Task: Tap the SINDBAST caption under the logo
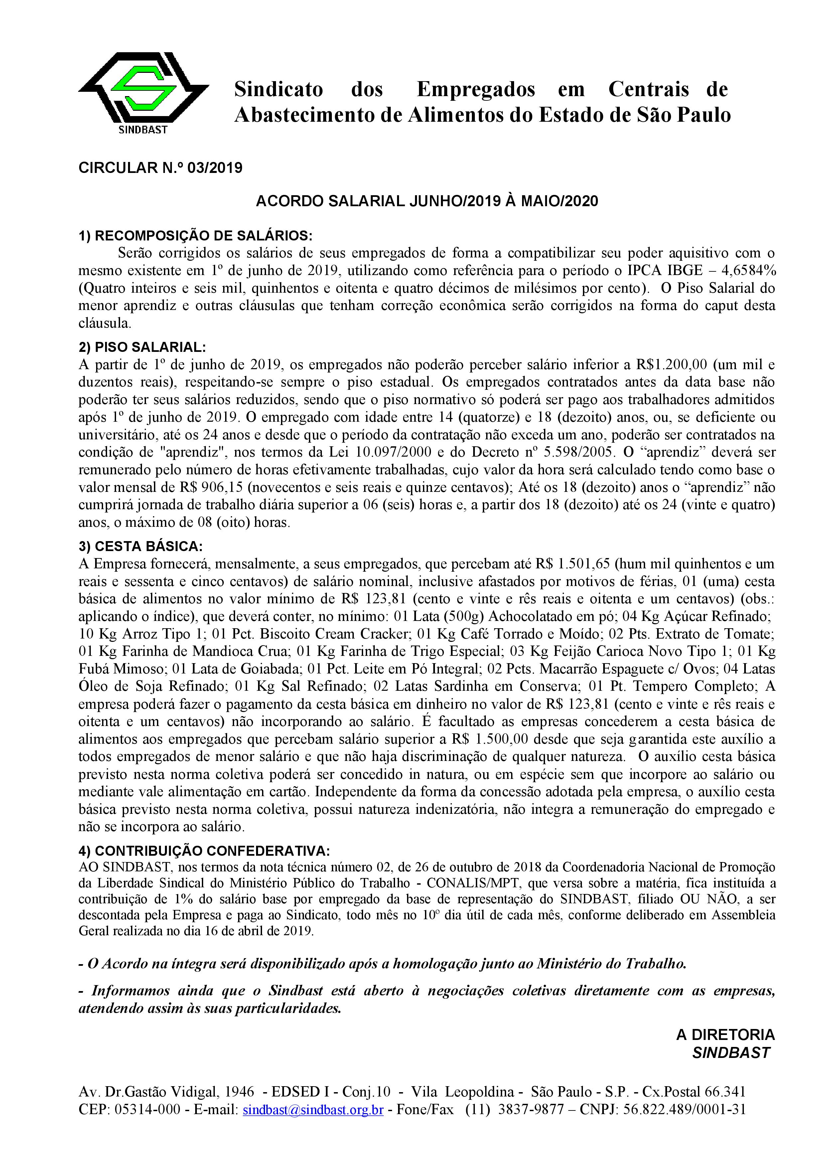click(x=143, y=130)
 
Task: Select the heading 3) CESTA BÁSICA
click(x=140, y=546)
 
